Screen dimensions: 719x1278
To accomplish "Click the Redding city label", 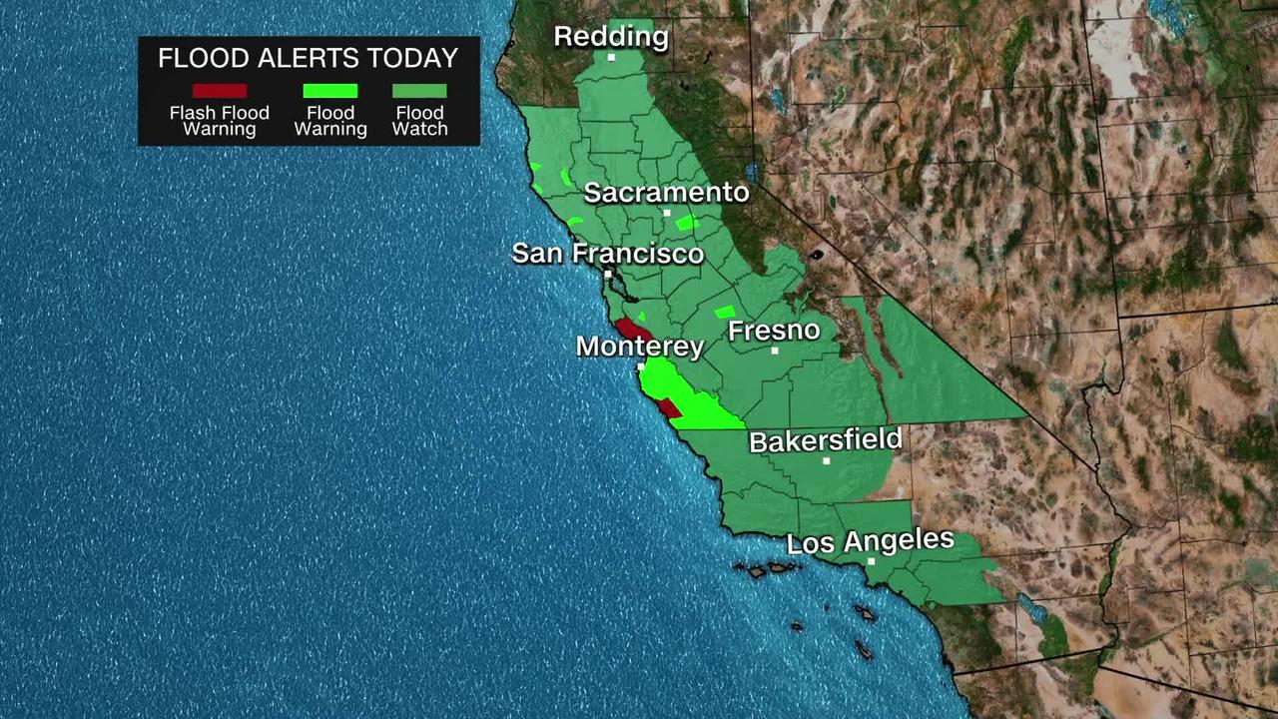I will click(610, 37).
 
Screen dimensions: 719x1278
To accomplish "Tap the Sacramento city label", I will click(666, 193).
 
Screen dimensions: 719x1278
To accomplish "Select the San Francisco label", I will click(607, 254).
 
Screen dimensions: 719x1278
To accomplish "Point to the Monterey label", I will click(640, 347).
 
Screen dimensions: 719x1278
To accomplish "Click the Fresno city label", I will click(774, 331).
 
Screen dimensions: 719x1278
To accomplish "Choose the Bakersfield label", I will click(826, 441).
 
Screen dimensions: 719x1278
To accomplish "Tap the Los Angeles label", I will click(871, 542).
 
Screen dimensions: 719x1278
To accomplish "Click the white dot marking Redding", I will click(611, 57).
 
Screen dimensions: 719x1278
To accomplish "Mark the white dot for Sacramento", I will click(667, 213).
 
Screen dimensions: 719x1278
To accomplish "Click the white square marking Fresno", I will click(775, 351).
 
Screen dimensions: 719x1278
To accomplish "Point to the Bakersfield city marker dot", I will click(827, 461).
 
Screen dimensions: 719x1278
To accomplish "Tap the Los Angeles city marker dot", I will click(872, 562).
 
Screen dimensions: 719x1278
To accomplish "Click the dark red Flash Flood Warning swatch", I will click(220, 91).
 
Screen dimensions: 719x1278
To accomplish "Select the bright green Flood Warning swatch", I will click(330, 91).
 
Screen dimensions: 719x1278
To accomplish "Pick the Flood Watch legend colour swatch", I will click(419, 91).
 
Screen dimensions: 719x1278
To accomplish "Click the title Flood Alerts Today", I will click(308, 58).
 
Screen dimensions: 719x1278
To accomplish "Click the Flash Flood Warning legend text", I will click(220, 121).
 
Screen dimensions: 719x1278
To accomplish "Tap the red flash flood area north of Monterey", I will click(633, 330).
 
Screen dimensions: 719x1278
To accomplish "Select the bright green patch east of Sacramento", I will click(686, 223).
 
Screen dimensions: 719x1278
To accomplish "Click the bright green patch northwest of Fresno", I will click(725, 313).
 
